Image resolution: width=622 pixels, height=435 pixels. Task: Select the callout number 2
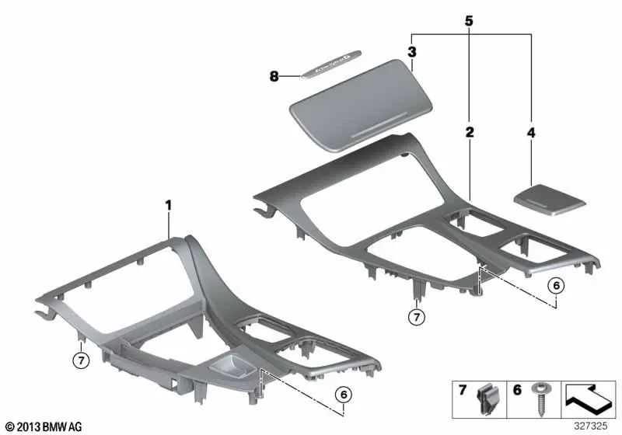coord(469,133)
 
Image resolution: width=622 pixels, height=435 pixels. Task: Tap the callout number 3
coord(412,53)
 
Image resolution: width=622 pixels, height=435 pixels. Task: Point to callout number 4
coord(531,133)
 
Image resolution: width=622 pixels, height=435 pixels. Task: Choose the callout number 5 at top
coord(469,21)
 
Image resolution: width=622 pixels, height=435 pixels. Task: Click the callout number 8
coord(274,76)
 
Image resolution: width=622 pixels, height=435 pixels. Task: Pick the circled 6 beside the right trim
coord(555,286)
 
